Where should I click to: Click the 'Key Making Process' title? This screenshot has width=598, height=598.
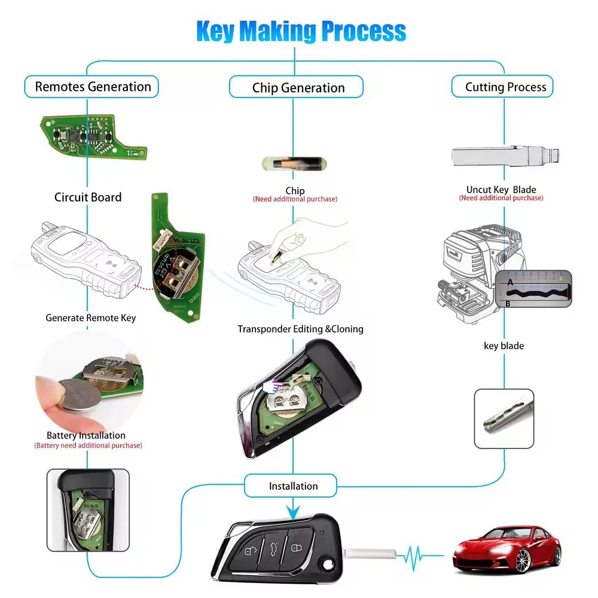pos(301,31)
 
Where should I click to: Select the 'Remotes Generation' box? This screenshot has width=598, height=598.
pos(92,87)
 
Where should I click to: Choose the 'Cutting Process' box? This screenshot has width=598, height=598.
pos(505,87)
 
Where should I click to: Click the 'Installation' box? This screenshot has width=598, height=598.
pos(293,486)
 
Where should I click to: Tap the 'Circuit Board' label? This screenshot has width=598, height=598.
pos(88,197)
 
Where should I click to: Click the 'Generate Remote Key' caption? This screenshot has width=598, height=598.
pos(91,318)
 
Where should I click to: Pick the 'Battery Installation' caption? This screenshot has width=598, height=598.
pos(86,435)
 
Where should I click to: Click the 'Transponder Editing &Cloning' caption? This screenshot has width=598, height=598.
pos(300,329)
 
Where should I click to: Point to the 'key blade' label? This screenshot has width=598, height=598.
pos(504,346)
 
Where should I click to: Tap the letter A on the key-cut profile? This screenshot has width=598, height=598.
pos(510,281)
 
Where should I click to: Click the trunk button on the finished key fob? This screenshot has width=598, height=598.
pos(273,545)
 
